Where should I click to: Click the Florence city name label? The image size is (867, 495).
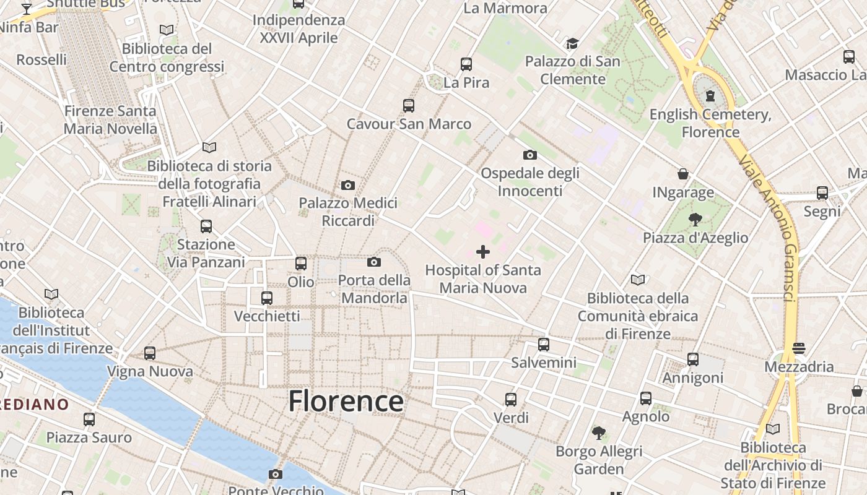coord(346,401)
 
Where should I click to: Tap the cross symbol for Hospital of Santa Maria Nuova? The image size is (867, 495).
coord(483,251)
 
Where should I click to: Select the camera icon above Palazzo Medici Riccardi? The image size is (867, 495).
coord(348,185)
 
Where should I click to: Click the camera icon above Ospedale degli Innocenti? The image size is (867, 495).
coord(530,155)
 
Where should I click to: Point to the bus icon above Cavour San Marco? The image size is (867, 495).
coord(409,105)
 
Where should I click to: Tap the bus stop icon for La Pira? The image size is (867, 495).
coord(466,64)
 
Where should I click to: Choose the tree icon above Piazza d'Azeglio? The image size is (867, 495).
coord(695,219)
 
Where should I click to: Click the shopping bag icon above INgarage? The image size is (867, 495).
coord(683,174)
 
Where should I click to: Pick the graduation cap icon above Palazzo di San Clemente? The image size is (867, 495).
coord(572,43)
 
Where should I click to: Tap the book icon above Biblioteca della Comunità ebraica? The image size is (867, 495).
coord(638,280)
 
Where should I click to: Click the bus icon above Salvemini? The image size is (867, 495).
coord(544,344)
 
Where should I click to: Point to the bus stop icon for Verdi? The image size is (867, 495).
coord(511,399)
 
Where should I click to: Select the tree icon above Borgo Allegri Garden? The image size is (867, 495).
coord(598,433)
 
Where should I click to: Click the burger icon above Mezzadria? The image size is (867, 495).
coord(799,348)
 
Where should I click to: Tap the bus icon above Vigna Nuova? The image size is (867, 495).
coord(150,353)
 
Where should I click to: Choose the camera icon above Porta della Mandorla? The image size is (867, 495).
coord(374,262)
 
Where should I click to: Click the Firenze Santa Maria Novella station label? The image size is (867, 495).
coord(111,120)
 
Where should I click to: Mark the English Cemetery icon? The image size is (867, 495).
coord(710,96)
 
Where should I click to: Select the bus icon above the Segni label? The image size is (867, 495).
coord(822,192)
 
